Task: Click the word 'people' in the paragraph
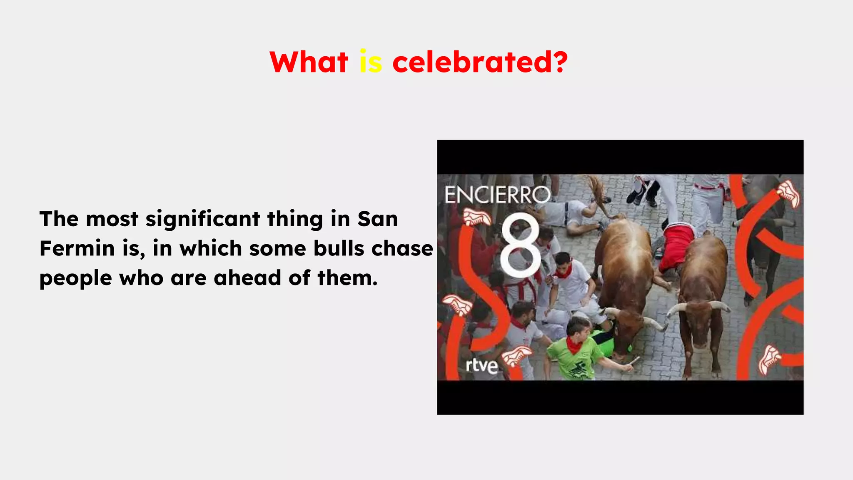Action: tap(75, 279)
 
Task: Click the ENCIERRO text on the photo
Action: tap(497, 195)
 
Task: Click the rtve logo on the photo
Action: tap(481, 365)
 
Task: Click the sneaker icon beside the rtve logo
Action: tap(516, 357)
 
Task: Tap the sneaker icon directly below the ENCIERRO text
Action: tap(477, 217)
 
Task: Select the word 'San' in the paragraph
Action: tap(377, 219)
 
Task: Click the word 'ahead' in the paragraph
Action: tap(247, 278)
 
